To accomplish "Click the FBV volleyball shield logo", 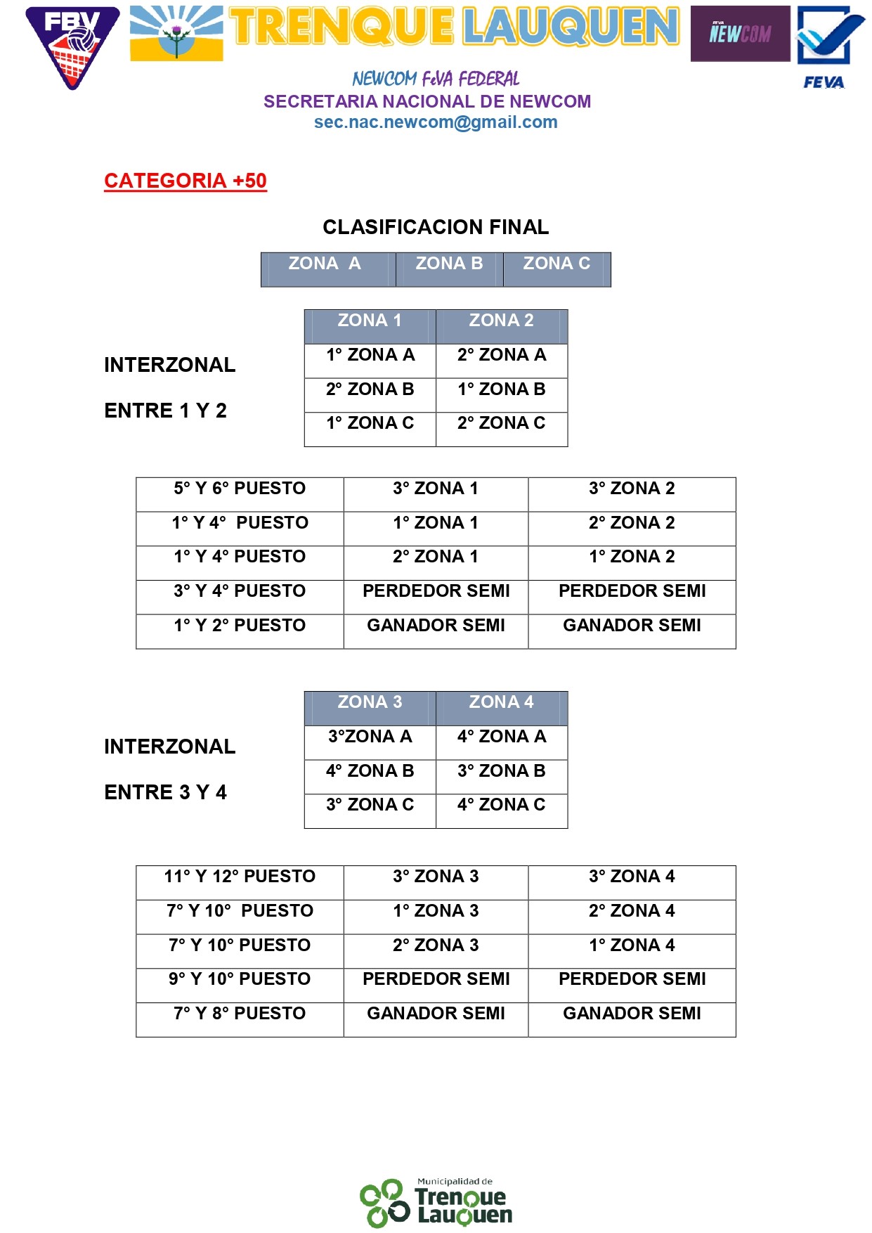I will click(72, 46).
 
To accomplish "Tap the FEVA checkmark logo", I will click(828, 46).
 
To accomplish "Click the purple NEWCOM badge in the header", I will click(740, 34).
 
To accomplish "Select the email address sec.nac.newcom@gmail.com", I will click(436, 122).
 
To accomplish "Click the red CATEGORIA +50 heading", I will click(186, 181).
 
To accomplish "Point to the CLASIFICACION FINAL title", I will click(436, 227).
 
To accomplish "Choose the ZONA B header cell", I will click(449, 264).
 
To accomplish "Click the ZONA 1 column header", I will click(370, 321).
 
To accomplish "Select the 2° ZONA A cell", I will click(501, 355).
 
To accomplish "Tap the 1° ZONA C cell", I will click(370, 423).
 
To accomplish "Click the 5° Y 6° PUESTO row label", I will click(240, 489).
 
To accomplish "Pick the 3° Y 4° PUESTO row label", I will click(240, 591).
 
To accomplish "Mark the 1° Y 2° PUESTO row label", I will click(240, 626).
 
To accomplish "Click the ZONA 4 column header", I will click(501, 702).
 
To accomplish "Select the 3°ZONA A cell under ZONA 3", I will click(370, 737).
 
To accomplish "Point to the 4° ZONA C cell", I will click(501, 805).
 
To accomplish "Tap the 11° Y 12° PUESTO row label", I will click(240, 877).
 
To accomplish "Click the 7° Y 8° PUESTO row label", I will click(240, 1014).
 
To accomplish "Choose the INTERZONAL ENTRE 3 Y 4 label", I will click(169, 769).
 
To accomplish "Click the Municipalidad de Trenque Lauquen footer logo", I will click(436, 1203).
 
